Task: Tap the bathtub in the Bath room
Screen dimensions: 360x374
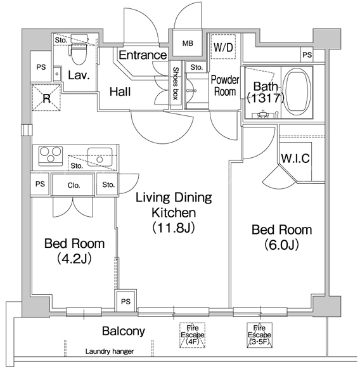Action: tap(298, 92)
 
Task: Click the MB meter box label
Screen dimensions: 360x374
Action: tap(188, 43)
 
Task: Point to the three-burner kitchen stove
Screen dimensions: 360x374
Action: tap(51, 156)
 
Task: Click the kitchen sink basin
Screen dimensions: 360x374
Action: tap(100, 157)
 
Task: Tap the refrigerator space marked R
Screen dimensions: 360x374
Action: tap(46, 98)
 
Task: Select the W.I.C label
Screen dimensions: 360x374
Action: tap(295, 158)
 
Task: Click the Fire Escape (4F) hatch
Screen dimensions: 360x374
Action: tap(193, 335)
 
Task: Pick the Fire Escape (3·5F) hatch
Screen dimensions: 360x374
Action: tap(259, 335)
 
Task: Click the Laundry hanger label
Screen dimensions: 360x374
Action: tap(110, 351)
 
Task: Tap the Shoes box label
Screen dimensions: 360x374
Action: tap(176, 83)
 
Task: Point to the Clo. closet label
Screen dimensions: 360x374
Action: tap(74, 185)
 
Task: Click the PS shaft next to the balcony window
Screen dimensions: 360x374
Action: tap(125, 301)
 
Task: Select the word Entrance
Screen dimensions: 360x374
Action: tap(143, 55)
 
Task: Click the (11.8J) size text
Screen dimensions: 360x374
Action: tap(174, 228)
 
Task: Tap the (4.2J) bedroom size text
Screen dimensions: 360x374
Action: tap(74, 259)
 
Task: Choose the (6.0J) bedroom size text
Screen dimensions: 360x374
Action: tap(281, 245)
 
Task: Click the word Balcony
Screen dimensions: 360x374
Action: tap(124, 332)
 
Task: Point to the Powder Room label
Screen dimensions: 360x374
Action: tap(225, 86)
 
